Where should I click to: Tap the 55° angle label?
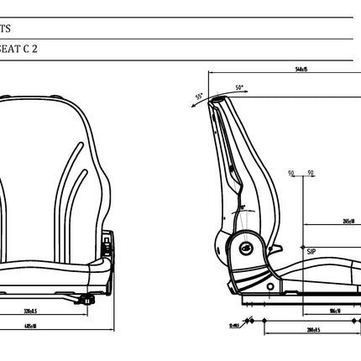point(199,97)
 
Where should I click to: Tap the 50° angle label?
point(239,87)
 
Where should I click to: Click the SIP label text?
point(311,250)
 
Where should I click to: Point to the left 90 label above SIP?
point(291,174)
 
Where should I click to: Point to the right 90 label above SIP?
point(311,174)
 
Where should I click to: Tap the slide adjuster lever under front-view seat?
point(86,300)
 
